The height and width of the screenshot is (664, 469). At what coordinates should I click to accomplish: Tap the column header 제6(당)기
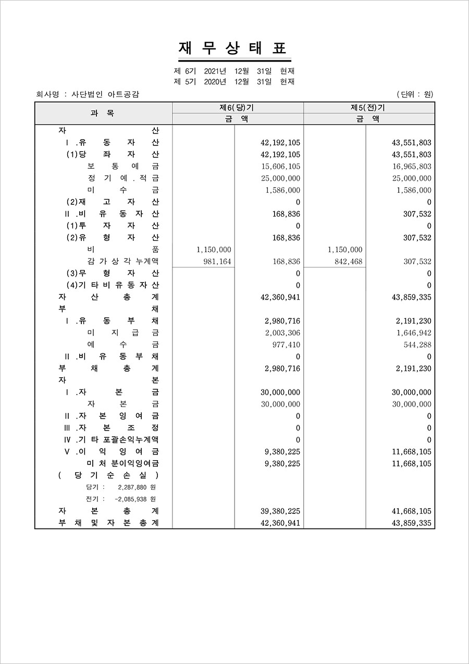point(238,107)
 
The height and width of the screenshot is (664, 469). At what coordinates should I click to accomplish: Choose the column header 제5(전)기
point(368,107)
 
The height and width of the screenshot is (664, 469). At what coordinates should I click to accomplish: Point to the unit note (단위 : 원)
point(415,94)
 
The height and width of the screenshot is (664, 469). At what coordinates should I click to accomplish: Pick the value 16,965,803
point(412,166)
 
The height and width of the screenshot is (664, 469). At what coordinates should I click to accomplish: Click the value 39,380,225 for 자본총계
point(280,511)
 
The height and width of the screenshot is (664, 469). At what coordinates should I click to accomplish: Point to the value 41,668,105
point(412,511)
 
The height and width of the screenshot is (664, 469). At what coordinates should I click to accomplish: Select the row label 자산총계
point(109,297)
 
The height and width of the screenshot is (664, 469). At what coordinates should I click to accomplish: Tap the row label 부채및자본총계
point(109,523)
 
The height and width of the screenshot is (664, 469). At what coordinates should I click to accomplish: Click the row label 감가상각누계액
point(124,262)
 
